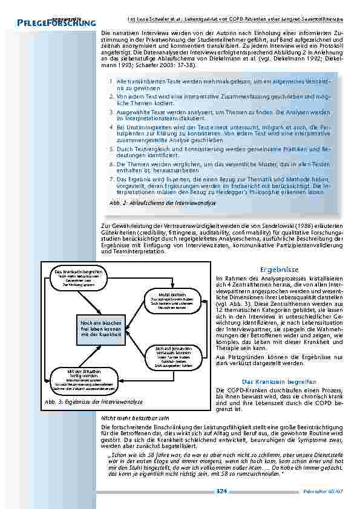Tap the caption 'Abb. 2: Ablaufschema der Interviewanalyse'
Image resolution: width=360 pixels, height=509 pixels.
pos(163,203)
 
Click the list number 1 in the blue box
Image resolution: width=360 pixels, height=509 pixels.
pos(111,80)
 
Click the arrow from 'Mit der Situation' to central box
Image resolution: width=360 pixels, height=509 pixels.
pos(85,356)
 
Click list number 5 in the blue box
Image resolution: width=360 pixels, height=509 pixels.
pos(111,148)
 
